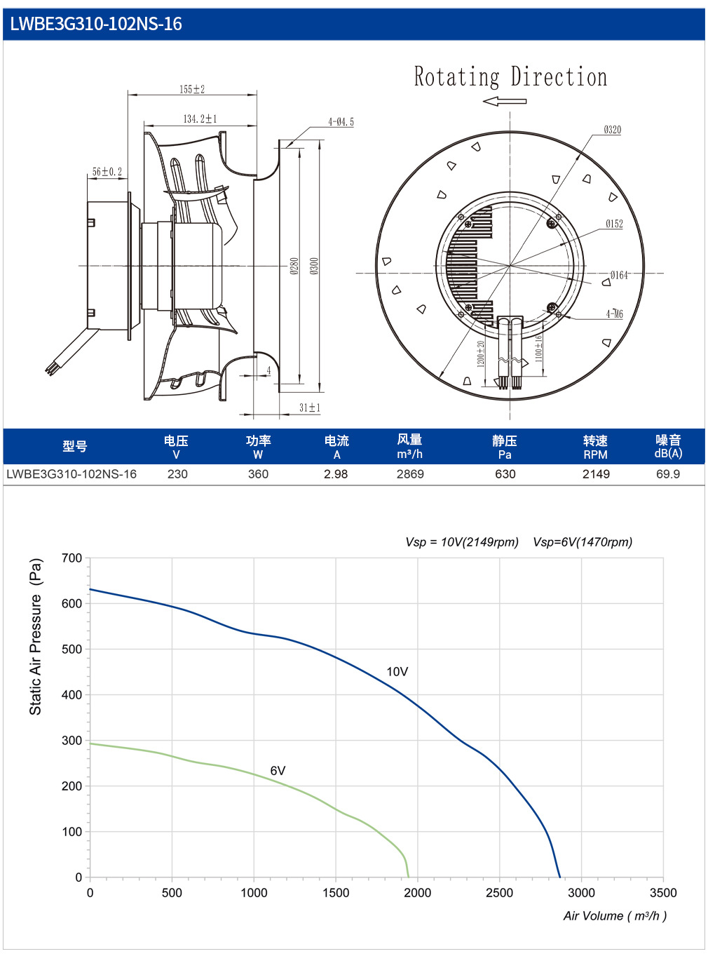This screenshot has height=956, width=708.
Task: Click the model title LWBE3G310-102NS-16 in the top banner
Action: point(95,24)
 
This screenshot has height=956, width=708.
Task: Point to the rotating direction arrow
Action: point(504,101)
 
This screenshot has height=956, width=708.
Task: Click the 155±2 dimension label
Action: point(192,89)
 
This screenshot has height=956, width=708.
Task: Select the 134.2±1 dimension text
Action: point(200,119)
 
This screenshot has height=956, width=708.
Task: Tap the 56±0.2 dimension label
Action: point(107,172)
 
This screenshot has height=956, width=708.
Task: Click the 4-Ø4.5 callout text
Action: point(341,122)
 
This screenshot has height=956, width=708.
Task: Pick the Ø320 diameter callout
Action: point(613,129)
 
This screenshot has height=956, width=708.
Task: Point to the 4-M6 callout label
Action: point(615,314)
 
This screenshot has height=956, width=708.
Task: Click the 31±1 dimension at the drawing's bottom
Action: point(310,408)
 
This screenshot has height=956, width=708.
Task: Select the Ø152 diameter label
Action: point(614,224)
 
